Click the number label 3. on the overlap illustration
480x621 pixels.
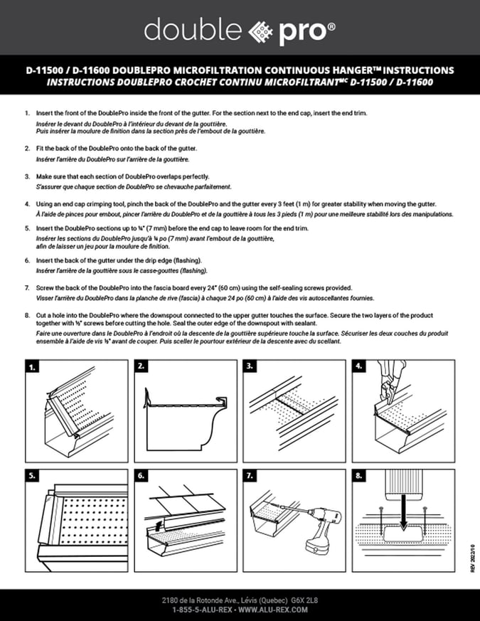(250, 367)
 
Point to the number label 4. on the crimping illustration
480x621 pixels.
(360, 367)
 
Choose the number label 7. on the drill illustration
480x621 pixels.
(250, 475)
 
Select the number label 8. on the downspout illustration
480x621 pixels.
(360, 475)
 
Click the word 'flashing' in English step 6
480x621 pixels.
(186, 261)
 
